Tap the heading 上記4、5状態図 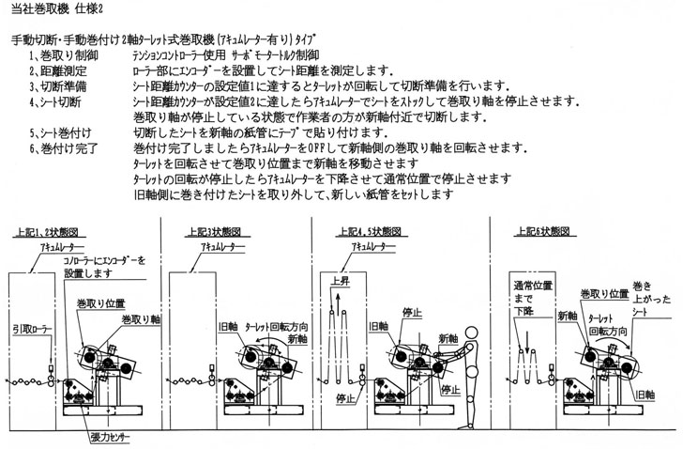(x=360, y=232)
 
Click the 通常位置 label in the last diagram (x=529, y=283)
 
